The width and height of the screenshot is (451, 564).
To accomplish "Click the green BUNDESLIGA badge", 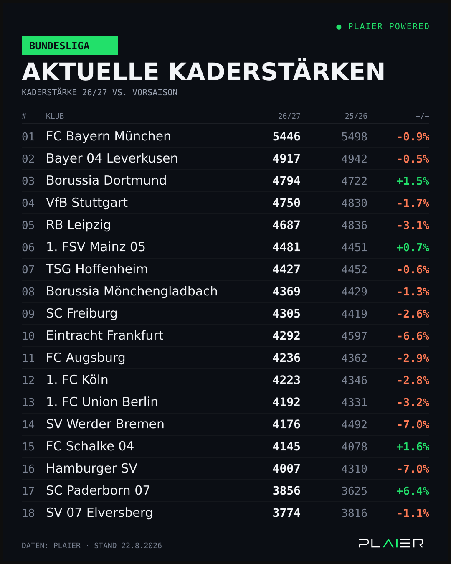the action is tap(69, 46).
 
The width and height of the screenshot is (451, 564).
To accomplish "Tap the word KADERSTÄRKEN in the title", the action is tap(276, 72).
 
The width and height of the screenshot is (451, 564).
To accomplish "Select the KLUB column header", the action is tap(55, 116).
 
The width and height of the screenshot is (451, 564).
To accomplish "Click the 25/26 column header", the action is tap(356, 116).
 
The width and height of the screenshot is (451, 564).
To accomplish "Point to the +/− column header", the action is tap(422, 116).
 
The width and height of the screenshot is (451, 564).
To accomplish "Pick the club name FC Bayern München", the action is tap(109, 136).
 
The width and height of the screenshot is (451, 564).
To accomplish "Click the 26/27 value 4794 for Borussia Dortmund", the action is tap(286, 181).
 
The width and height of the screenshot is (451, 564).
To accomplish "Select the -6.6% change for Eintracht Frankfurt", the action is tap(413, 336).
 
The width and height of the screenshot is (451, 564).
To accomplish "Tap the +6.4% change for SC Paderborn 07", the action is tap(413, 491).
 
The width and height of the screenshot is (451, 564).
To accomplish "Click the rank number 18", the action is tap(28, 513).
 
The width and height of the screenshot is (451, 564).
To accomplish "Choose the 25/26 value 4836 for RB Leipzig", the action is tap(354, 225).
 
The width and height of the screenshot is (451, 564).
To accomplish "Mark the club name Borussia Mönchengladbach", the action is tap(132, 291).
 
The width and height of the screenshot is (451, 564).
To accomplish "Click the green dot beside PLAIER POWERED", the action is tap(339, 27).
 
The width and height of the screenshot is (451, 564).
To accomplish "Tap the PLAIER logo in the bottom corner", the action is tap(391, 543).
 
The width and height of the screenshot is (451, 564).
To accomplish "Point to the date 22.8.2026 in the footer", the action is tap(142, 546).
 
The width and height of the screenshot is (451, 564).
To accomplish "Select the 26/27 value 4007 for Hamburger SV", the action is tap(286, 469).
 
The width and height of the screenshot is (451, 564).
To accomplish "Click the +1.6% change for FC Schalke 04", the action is tap(413, 447).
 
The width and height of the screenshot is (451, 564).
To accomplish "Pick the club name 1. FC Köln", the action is tap(77, 380).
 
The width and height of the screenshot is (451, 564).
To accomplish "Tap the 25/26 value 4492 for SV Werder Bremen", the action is tap(354, 424).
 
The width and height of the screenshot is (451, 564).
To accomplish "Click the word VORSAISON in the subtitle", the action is tap(155, 92).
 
